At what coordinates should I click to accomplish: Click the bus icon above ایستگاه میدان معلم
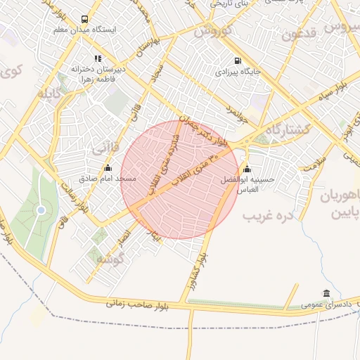click(x=85, y=20)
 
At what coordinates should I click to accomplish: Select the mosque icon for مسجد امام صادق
click(x=108, y=168)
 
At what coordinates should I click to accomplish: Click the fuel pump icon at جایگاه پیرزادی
click(x=236, y=60)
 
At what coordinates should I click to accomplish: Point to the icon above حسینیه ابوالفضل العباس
click(x=246, y=169)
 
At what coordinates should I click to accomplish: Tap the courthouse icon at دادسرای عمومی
click(x=326, y=293)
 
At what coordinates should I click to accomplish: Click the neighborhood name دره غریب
click(x=267, y=215)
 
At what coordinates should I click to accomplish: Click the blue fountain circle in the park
click(x=41, y=210)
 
